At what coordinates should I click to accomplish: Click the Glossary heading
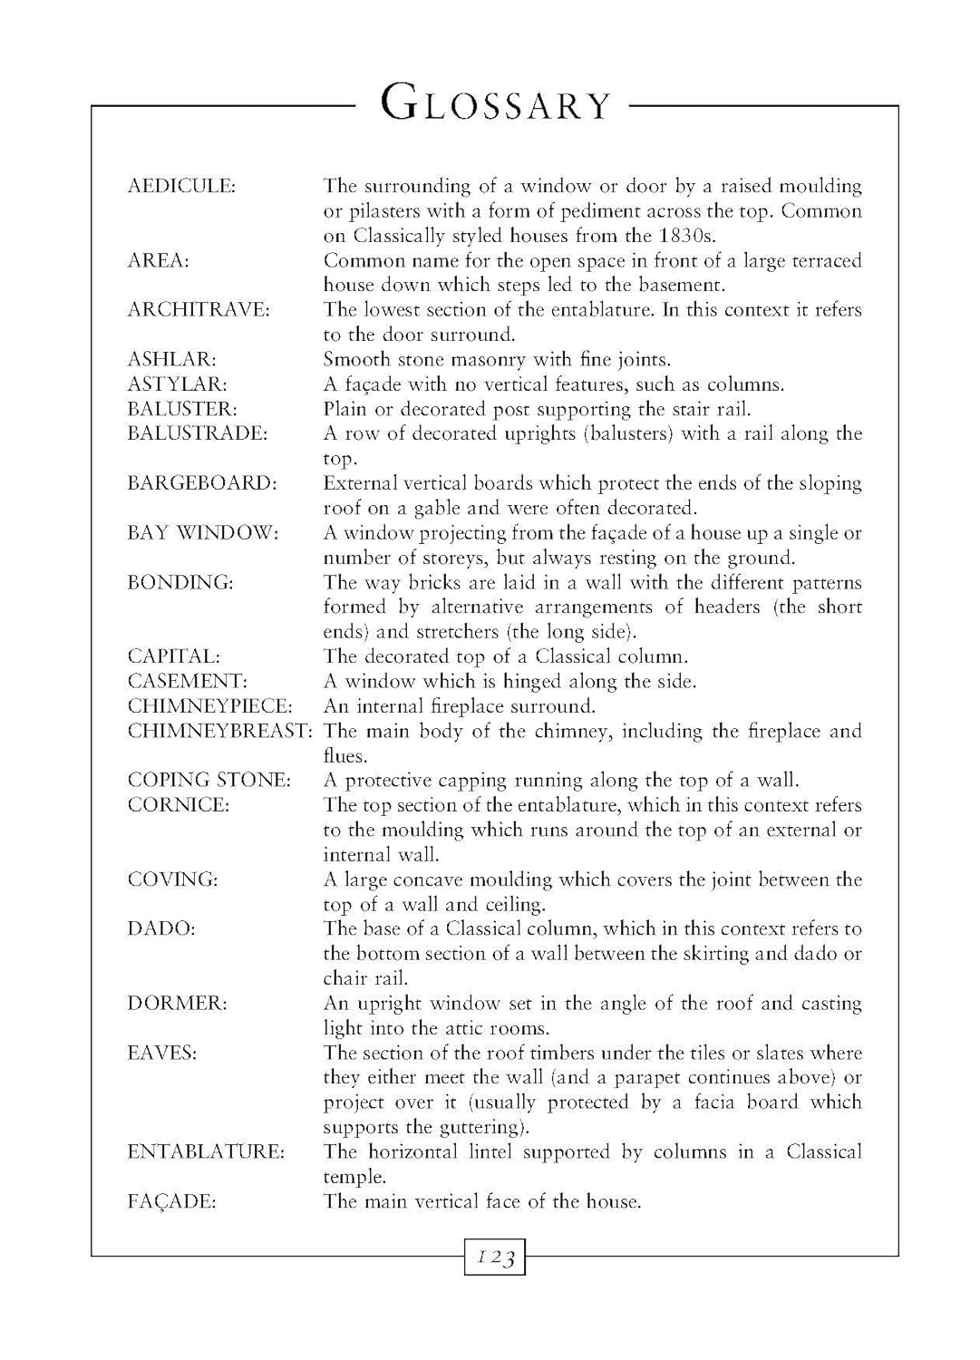point(496,104)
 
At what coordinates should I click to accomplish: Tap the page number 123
point(496,1258)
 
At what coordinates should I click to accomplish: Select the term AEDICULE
point(181,187)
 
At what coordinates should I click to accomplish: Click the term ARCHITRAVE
point(199,310)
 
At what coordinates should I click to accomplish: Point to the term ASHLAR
point(171,360)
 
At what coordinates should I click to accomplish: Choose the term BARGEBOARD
point(201,483)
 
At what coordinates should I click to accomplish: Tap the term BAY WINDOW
point(203,533)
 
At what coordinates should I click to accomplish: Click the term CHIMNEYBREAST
point(219,731)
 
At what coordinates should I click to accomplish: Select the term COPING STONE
point(209,781)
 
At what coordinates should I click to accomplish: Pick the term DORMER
point(177,1004)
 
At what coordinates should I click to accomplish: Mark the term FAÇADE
point(171,1202)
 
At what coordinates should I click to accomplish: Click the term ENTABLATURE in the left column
point(206,1152)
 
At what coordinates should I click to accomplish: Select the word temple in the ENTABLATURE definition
point(354,1178)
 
